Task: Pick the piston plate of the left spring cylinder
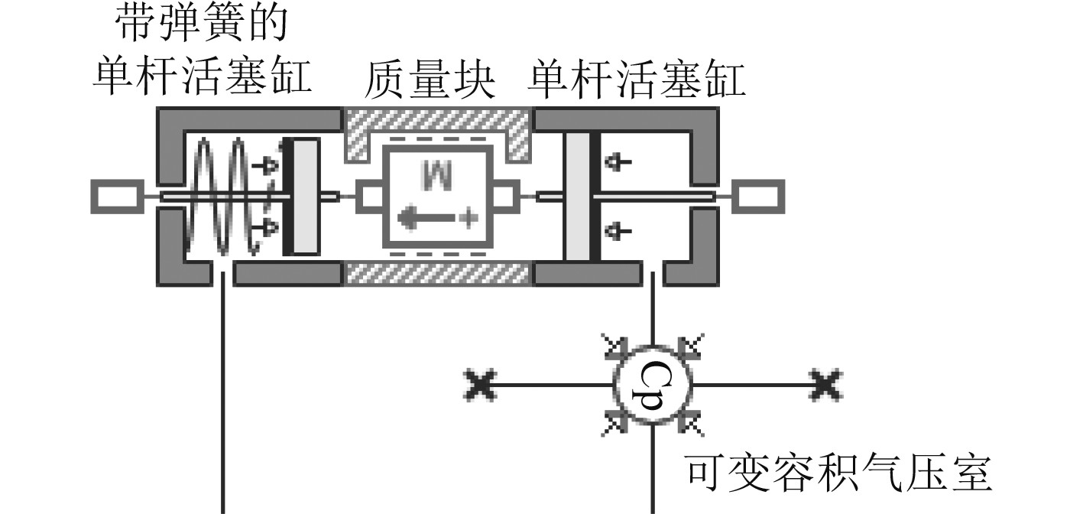pos(304,196)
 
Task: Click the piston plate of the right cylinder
pos(579,196)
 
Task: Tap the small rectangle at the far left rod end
pos(115,196)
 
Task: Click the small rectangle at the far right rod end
pos(758,196)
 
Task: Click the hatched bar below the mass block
pos(438,273)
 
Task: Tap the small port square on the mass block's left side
pos(370,196)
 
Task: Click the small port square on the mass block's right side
pos(504,196)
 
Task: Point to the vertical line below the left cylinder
pos(222,398)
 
